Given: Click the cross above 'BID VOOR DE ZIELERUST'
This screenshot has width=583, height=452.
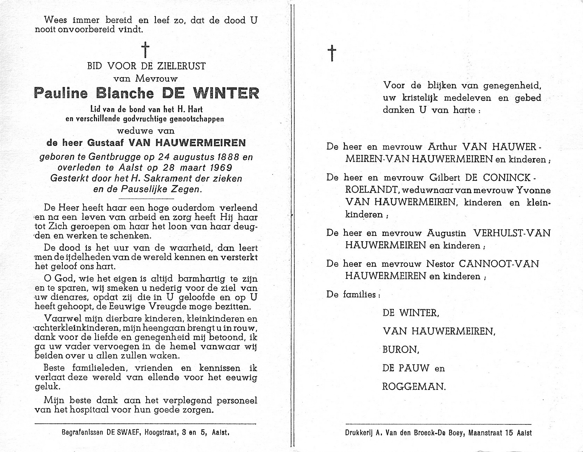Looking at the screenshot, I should (x=145, y=50).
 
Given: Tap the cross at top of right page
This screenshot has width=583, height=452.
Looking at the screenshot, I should (x=332, y=53).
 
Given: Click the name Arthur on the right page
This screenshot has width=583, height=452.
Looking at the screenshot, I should (x=441, y=147).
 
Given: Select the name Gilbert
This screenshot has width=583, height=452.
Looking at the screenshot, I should (x=443, y=177).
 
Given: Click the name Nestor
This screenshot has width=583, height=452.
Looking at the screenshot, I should (x=441, y=264).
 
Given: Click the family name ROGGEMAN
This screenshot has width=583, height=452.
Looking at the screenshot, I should (x=414, y=386).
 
